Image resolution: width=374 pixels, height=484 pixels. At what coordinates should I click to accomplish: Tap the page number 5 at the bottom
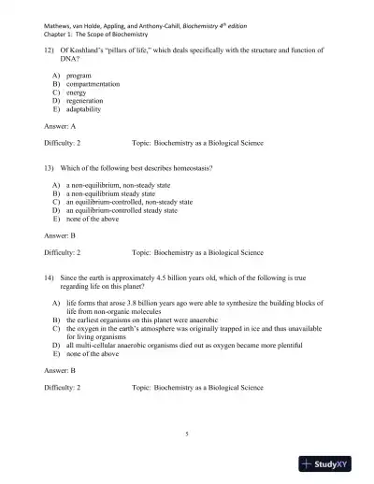pyautogui.click(x=187, y=434)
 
